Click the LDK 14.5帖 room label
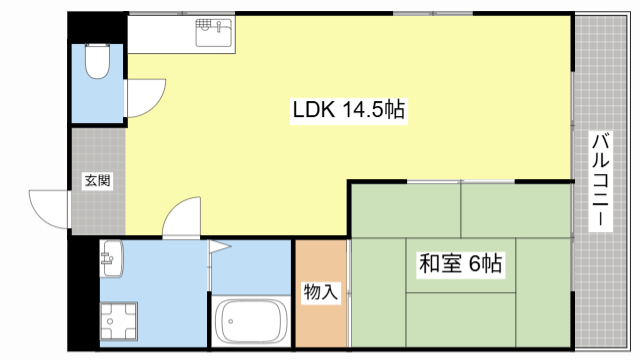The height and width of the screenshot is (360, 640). click(x=347, y=111)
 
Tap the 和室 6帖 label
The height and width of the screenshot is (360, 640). click(x=460, y=265)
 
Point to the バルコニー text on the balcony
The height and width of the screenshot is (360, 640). click(x=601, y=181)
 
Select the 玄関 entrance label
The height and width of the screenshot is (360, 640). click(x=97, y=181)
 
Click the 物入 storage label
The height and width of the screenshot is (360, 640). click(x=321, y=292)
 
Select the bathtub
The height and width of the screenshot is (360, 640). click(x=251, y=322)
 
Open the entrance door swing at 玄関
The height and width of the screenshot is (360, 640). click(x=48, y=208)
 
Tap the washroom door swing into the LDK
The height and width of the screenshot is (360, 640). click(x=181, y=217)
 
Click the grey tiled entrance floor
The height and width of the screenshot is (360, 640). click(x=98, y=205)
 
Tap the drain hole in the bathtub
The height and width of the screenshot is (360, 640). click(x=230, y=323)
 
